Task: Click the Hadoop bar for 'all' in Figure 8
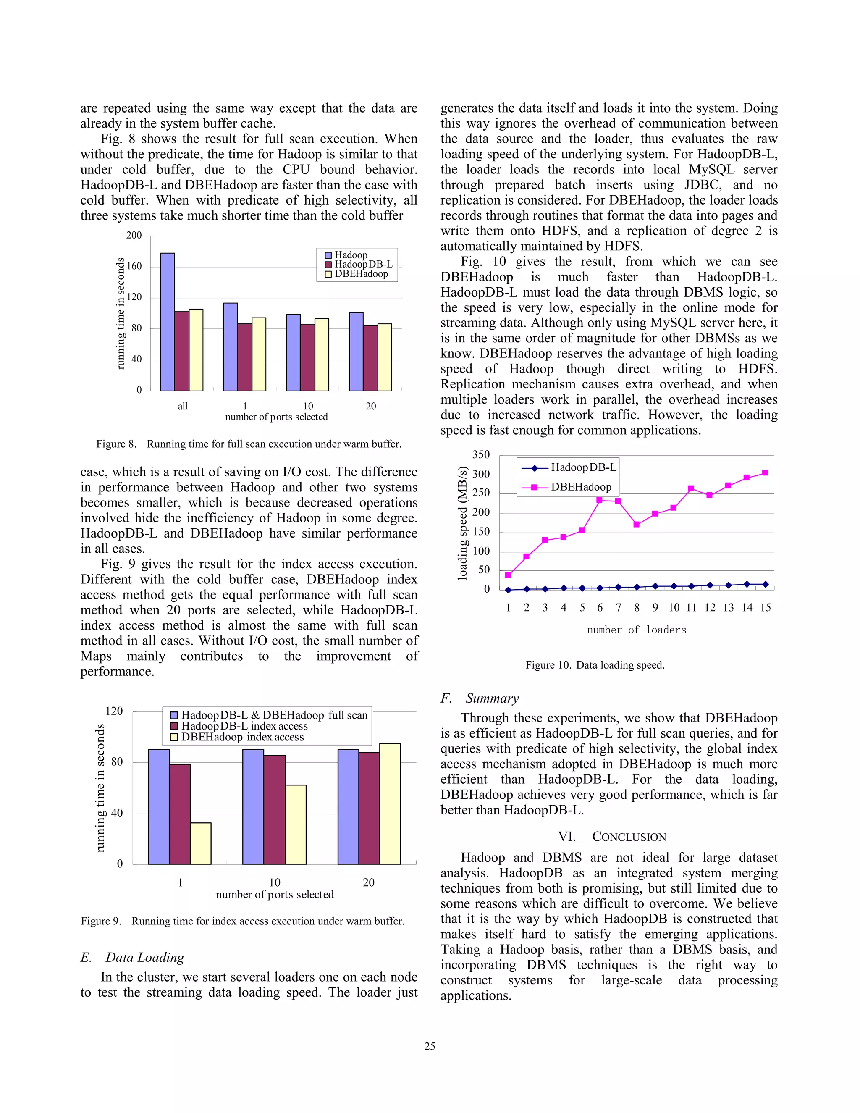[167, 322]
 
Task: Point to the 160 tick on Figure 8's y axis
[134, 266]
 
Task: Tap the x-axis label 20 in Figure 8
[370, 406]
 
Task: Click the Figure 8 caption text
[249, 444]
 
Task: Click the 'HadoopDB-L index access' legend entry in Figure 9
[244, 726]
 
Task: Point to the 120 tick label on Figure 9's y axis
[114, 711]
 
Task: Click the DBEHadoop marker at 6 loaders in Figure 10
[600, 500]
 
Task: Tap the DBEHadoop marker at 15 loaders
[765, 473]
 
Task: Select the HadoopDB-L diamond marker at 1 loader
[508, 590]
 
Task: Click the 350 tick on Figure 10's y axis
[481, 454]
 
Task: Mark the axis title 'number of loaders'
[636, 630]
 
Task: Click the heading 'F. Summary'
[480, 698]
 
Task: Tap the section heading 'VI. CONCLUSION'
[611, 837]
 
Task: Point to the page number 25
[430, 1046]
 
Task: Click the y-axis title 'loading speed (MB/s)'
[463, 523]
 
